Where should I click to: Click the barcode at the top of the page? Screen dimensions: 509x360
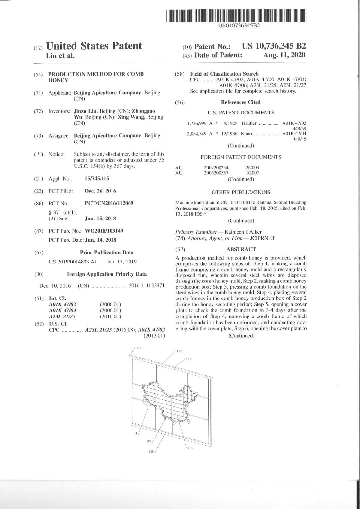236,16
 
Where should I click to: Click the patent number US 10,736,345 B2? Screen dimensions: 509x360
274,46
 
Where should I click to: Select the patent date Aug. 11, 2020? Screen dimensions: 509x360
284,55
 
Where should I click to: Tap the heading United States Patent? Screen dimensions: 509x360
94,46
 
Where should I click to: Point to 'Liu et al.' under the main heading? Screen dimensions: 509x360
60,56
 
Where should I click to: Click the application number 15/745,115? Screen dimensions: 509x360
97,179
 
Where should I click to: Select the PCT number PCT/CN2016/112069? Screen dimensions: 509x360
109,203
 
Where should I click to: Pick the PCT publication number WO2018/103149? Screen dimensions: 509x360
104,231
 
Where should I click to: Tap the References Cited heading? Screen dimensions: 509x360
241,102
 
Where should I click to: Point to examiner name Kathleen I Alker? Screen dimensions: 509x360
243,232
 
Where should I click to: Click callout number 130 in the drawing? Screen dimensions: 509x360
179,351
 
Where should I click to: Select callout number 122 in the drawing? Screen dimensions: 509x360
139,348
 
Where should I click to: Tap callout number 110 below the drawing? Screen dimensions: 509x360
149,441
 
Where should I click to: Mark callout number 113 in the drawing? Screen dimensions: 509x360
190,448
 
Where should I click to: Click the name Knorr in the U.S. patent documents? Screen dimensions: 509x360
247,134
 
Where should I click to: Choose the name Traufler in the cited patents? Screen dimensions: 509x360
249,123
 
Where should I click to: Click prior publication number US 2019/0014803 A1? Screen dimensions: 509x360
73,262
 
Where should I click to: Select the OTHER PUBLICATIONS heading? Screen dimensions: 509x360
241,192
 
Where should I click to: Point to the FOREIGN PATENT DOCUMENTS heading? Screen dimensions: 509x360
241,157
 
